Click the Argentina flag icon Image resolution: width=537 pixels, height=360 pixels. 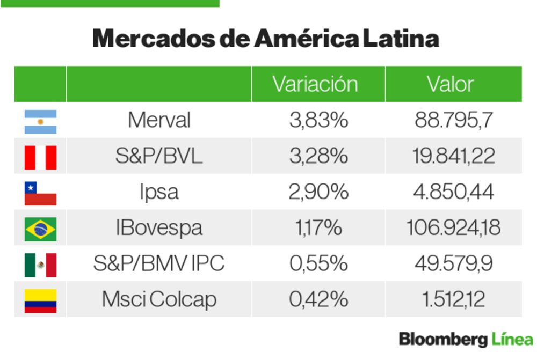pos(40,121)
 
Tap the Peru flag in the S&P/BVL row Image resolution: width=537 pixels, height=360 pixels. pos(40,157)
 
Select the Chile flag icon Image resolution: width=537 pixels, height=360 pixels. pos(40,193)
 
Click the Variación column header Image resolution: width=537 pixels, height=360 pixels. pos(315,84)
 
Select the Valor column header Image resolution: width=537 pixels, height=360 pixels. pos(450,84)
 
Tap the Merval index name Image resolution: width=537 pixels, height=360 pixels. pos(159,120)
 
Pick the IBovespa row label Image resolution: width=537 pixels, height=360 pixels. pos(159,228)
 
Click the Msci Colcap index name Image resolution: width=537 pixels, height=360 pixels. pos(159,299)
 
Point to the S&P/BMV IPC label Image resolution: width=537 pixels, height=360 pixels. pos(159,263)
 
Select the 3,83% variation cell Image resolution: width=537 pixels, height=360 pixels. pos(318,120)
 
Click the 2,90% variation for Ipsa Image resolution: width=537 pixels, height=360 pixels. pos(318,192)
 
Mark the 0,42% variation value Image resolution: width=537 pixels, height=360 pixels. pos(318,299)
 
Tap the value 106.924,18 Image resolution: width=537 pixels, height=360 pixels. pos(453,228)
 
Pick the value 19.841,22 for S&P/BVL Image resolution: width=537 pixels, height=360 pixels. pos(453,156)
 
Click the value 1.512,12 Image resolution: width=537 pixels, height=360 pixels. pos(453,299)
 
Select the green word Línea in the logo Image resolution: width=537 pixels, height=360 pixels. pos(512,340)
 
